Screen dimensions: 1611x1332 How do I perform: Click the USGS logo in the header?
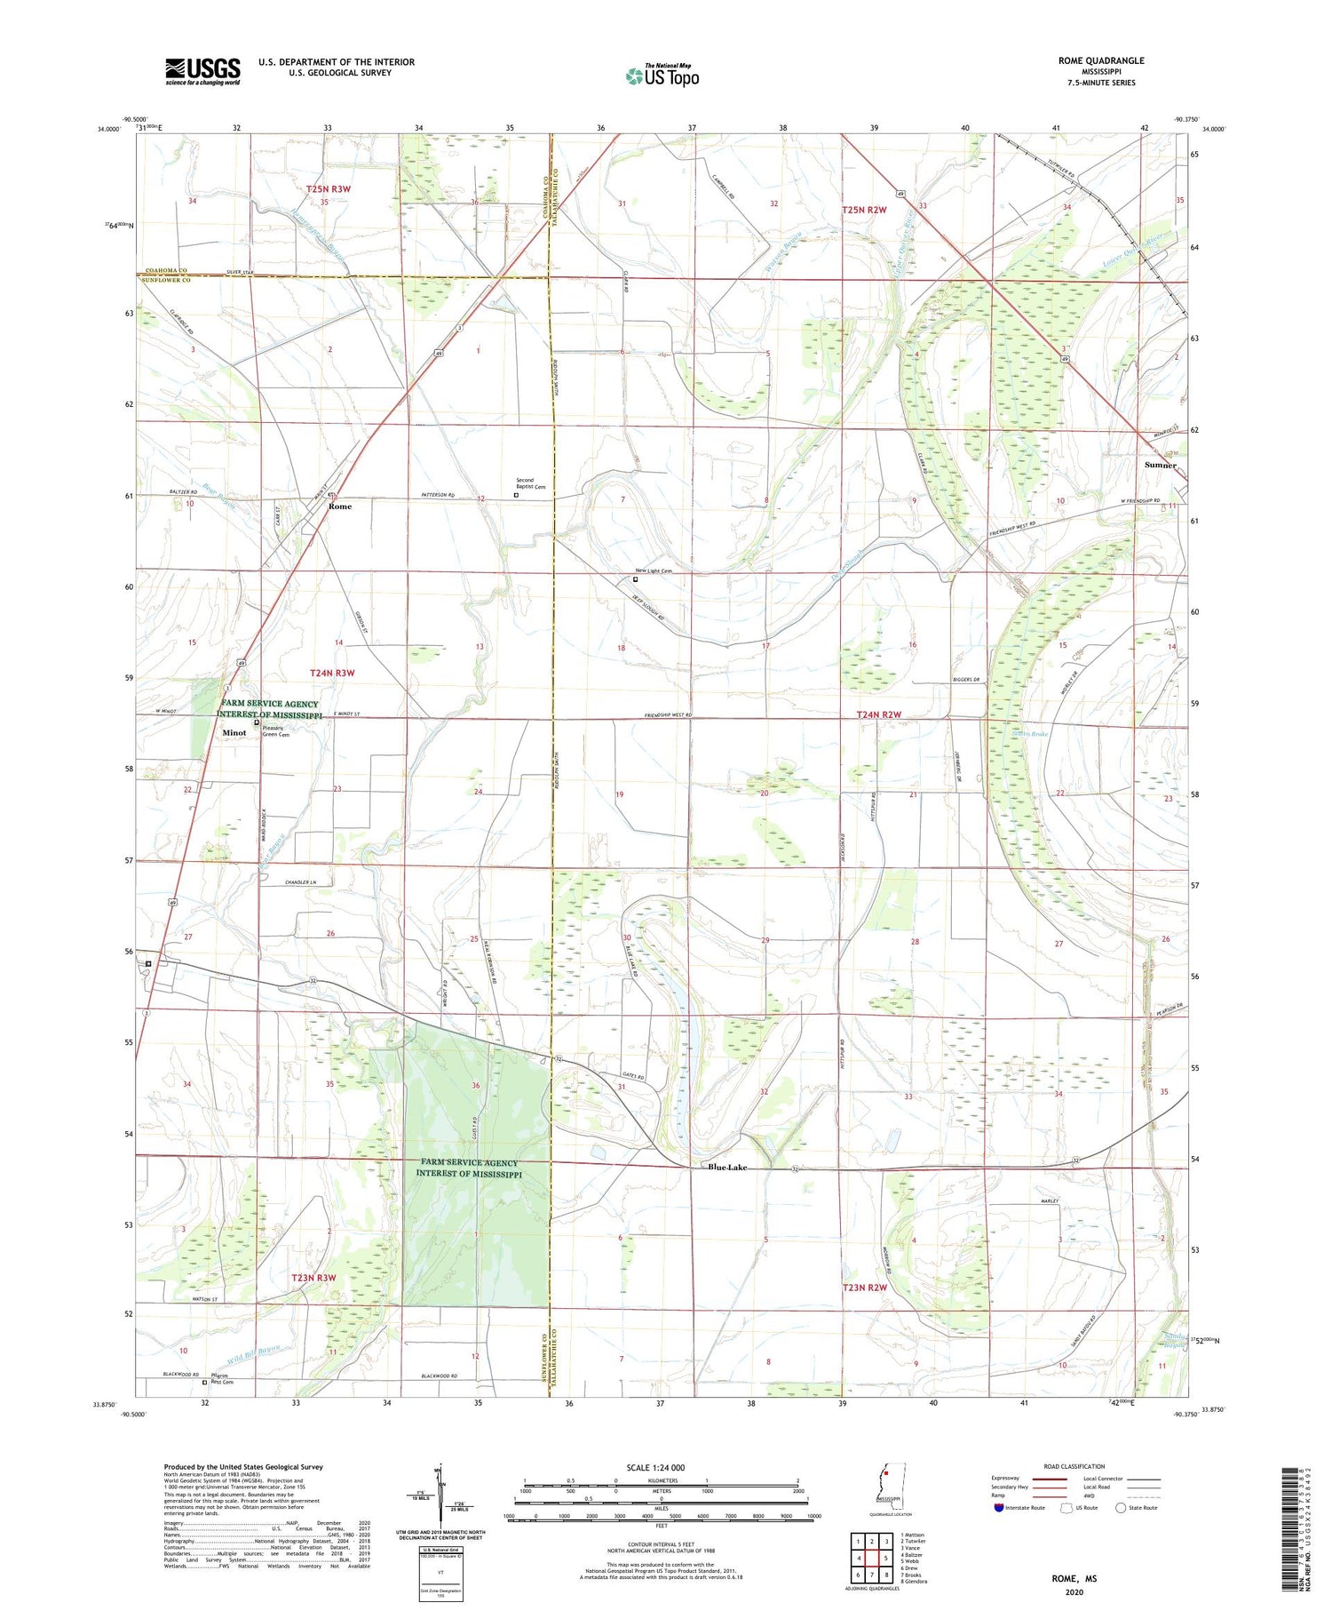pos(202,71)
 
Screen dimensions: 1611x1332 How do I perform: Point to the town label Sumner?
pos(1160,465)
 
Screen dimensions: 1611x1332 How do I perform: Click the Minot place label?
pos(234,733)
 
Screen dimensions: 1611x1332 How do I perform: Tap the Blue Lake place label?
pos(727,1168)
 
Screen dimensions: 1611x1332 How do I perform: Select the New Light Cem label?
pos(653,571)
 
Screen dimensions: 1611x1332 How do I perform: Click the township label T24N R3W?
pos(332,673)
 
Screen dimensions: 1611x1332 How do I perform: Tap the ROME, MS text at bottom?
pos(1074,1579)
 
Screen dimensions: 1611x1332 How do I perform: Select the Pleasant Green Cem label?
pos(275,730)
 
